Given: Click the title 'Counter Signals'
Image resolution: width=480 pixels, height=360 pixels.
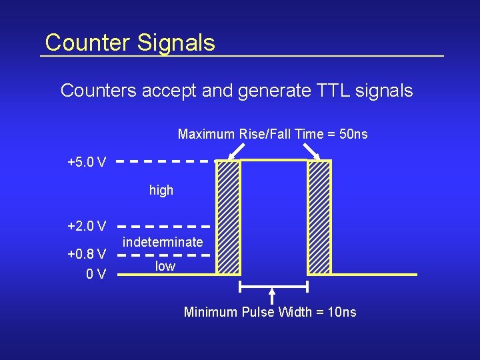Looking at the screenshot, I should click(x=130, y=43).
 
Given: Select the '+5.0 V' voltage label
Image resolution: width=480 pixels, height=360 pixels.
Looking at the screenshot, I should click(x=87, y=162).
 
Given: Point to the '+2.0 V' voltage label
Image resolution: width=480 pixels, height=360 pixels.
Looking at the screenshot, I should click(x=87, y=226).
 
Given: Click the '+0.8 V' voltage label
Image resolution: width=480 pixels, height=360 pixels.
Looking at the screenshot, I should click(x=87, y=254).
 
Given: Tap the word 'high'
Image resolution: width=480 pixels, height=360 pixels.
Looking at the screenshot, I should click(x=161, y=191).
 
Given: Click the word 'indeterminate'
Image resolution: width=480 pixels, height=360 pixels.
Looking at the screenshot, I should click(x=163, y=241).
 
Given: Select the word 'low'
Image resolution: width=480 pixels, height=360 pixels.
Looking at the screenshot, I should click(x=165, y=267).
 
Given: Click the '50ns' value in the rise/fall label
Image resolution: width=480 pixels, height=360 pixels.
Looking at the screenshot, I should click(x=353, y=135).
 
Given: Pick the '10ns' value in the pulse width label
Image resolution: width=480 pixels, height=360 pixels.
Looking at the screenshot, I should click(x=343, y=312).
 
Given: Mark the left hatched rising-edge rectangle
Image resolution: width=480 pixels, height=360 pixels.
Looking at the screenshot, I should click(x=229, y=217).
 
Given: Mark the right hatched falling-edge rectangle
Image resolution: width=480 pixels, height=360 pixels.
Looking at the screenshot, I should click(x=319, y=217).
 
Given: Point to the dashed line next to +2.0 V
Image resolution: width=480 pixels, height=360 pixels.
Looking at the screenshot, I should click(x=166, y=226).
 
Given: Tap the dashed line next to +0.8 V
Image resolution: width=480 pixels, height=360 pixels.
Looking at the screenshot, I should click(x=166, y=255).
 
